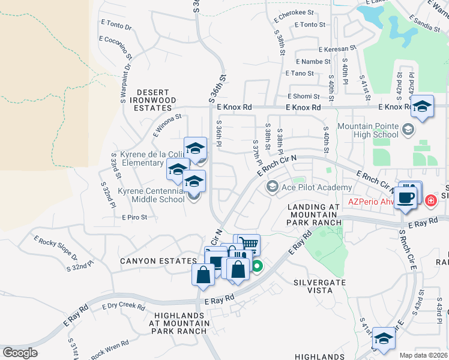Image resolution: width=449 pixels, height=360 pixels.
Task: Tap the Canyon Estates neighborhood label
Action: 158,261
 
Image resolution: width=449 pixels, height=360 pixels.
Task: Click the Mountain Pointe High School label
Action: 367,130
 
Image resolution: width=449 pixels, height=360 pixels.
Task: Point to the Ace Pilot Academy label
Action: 318,187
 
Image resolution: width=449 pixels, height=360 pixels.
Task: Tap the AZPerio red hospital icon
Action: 430,201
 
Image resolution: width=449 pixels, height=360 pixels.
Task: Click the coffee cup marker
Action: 406,197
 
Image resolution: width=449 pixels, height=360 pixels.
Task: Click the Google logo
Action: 20,353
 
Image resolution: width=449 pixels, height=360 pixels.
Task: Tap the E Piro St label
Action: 134,217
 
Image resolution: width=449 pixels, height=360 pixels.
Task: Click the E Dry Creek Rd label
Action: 123,306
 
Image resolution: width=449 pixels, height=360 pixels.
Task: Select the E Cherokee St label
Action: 294,13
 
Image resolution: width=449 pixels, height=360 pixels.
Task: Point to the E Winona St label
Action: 167,126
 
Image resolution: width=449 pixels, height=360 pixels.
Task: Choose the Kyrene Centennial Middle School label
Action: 151,195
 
